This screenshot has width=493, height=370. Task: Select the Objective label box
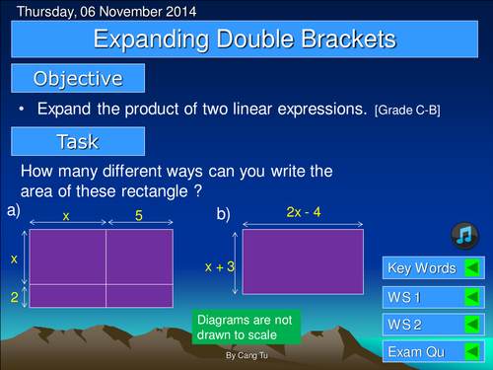click(x=78, y=78)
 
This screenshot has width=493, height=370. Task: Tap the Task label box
click(x=78, y=141)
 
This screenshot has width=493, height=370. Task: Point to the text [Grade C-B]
click(x=406, y=110)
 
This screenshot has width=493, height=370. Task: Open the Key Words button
click(x=421, y=268)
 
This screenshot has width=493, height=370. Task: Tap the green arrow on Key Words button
click(x=471, y=268)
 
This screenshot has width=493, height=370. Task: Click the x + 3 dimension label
click(x=219, y=266)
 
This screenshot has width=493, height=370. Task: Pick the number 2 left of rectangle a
click(x=15, y=296)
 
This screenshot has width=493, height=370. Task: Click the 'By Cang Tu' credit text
click(x=245, y=353)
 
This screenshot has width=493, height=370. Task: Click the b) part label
click(x=224, y=213)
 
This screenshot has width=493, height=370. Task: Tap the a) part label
click(x=13, y=211)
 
